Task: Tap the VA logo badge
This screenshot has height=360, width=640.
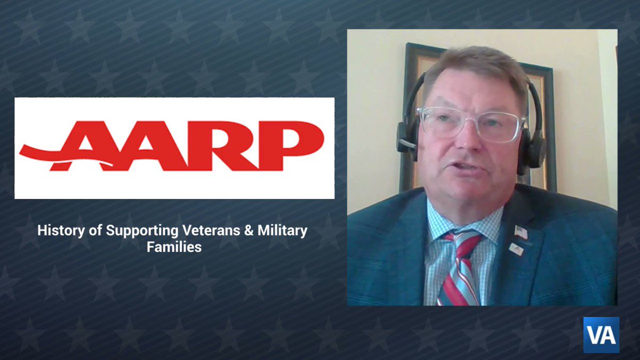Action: [601, 335]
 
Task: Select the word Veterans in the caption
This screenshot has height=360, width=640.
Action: [206, 231]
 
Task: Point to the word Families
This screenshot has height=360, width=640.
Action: [174, 247]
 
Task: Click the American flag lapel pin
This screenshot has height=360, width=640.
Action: [521, 233]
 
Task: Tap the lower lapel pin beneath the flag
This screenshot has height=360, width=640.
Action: [516, 249]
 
